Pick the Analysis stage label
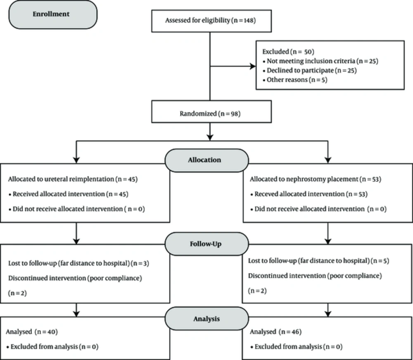(x=207, y=319)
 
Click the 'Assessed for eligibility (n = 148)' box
(x=211, y=21)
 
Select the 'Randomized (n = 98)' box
(x=211, y=111)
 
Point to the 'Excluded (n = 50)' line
(x=288, y=52)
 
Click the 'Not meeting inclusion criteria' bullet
(x=320, y=61)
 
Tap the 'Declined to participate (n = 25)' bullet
(x=310, y=71)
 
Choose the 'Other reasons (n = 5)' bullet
(x=295, y=80)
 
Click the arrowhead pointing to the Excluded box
(x=253, y=66)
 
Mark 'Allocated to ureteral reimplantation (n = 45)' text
(x=73, y=179)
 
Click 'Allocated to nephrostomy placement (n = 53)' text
(x=315, y=179)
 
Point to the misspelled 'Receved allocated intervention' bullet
(x=309, y=194)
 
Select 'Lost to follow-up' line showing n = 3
(x=78, y=263)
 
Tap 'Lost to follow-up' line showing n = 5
(x=318, y=261)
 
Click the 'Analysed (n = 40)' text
(x=32, y=332)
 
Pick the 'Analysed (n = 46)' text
(x=275, y=332)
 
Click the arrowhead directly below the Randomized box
(x=210, y=137)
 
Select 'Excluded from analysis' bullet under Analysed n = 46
(x=296, y=346)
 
